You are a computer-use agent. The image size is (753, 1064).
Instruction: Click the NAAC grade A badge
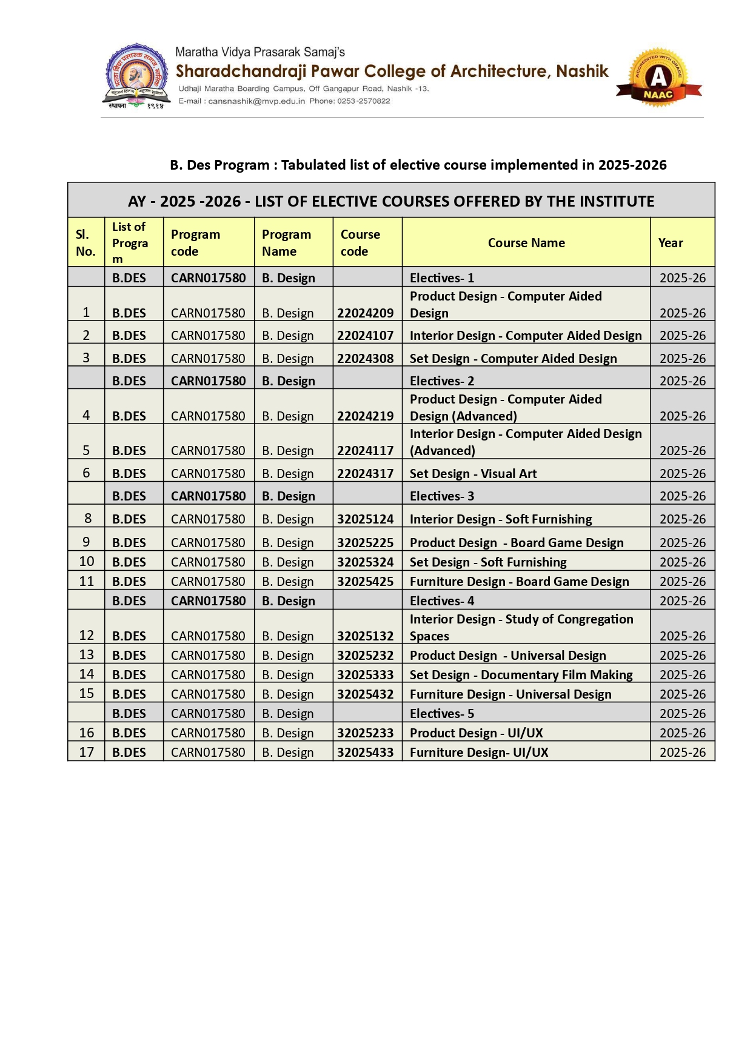click(x=658, y=78)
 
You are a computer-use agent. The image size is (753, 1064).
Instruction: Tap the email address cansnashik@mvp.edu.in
click(x=256, y=101)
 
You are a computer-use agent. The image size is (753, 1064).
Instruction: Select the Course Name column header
click(x=526, y=243)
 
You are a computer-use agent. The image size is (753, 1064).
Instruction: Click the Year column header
click(x=671, y=243)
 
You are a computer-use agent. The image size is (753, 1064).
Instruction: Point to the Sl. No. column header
click(x=85, y=243)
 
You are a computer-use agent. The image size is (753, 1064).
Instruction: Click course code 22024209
click(x=365, y=313)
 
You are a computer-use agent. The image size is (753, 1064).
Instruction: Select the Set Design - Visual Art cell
click(x=473, y=474)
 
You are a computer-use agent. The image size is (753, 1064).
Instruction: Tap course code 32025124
click(x=365, y=519)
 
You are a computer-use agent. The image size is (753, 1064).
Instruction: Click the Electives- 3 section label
click(x=442, y=496)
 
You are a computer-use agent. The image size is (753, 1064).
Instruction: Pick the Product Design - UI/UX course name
click(x=476, y=733)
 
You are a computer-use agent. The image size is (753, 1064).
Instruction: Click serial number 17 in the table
click(x=87, y=753)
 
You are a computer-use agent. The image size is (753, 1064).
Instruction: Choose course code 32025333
click(x=365, y=675)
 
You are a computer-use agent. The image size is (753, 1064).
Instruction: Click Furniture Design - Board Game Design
click(x=519, y=582)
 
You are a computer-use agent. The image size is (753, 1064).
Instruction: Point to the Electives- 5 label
click(x=442, y=714)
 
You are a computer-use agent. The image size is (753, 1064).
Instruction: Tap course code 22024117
click(x=365, y=451)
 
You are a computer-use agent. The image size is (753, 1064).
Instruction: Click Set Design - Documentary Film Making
click(x=521, y=675)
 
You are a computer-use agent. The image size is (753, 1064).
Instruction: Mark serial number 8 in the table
click(x=88, y=519)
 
